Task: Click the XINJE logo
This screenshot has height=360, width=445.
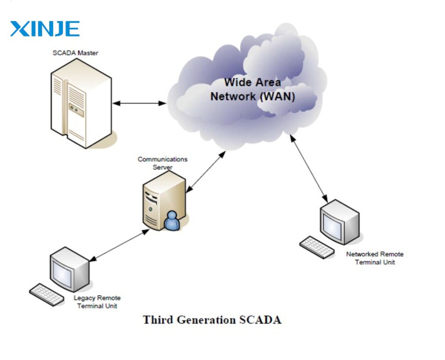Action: pos(45,29)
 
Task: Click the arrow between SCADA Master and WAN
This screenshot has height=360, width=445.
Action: pos(139,103)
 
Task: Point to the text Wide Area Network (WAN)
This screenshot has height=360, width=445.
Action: pos(252,89)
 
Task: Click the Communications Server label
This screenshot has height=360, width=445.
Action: pos(163,163)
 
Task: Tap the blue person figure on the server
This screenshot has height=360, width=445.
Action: pos(172,221)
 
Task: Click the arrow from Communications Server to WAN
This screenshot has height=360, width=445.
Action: pos(206,172)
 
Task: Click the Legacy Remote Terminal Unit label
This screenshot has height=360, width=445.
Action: pos(97,302)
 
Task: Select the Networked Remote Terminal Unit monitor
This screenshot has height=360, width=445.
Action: pos(339,222)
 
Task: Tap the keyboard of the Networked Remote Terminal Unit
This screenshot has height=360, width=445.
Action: pos(317,247)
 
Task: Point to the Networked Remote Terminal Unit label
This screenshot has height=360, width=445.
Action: pos(375,258)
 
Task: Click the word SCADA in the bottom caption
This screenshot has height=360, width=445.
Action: pos(260,320)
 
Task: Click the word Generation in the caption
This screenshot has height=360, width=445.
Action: pos(207,320)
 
